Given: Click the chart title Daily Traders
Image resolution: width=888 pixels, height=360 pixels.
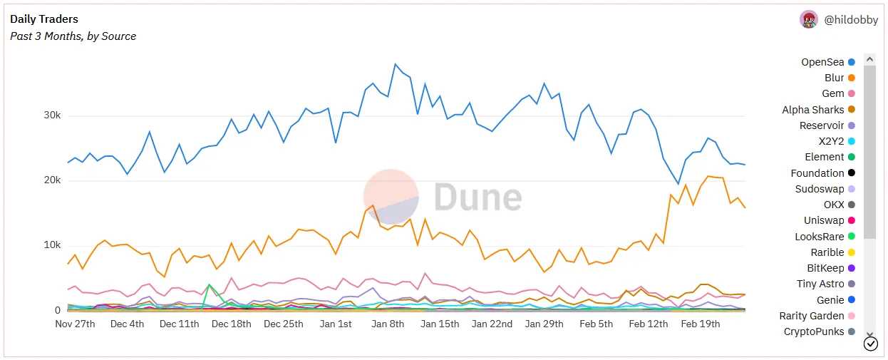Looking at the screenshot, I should coord(44,19).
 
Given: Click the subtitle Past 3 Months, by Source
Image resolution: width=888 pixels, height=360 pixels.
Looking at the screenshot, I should coord(73,36).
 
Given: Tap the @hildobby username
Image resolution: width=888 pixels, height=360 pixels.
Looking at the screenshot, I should coord(851,20).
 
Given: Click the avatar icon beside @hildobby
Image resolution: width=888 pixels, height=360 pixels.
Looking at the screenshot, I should coord(809,20).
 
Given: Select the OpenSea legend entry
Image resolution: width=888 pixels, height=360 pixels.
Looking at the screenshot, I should coord(822,62).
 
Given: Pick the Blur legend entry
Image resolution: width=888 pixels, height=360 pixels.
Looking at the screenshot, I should coord(834,78).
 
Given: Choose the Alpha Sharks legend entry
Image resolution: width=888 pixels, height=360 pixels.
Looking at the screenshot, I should coord(812,110).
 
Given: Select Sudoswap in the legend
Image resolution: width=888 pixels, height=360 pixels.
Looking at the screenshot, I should coord(820,189).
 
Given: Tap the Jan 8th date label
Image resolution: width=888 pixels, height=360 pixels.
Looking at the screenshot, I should coord(388,324).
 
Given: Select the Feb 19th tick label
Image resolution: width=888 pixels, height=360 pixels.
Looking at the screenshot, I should coord(701,324).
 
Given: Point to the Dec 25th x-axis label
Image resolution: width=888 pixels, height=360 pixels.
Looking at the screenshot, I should coord(283,324).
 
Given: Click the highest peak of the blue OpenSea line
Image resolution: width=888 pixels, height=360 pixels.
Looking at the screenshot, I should coord(395,64).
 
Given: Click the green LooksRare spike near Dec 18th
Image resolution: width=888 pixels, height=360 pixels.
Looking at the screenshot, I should coord(209,285).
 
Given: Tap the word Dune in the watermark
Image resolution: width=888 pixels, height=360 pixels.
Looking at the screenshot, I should coord(477,197).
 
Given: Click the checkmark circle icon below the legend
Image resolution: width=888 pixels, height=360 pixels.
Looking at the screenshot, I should coord(870,344).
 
